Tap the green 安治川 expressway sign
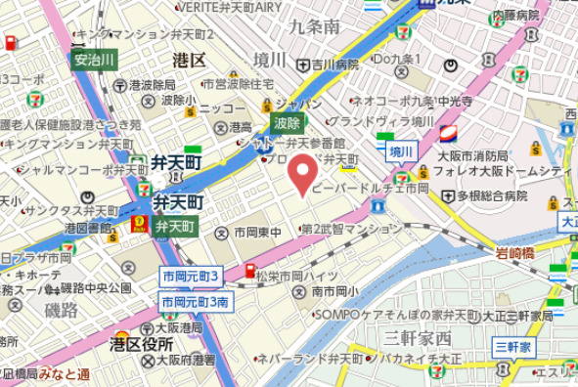(x=95, y=60)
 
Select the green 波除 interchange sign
(x=287, y=124)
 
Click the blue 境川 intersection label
(x=401, y=151)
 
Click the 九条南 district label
(x=316, y=26)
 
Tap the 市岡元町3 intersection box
(x=192, y=277)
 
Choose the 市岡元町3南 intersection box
(x=196, y=302)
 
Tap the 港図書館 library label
(x=88, y=228)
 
